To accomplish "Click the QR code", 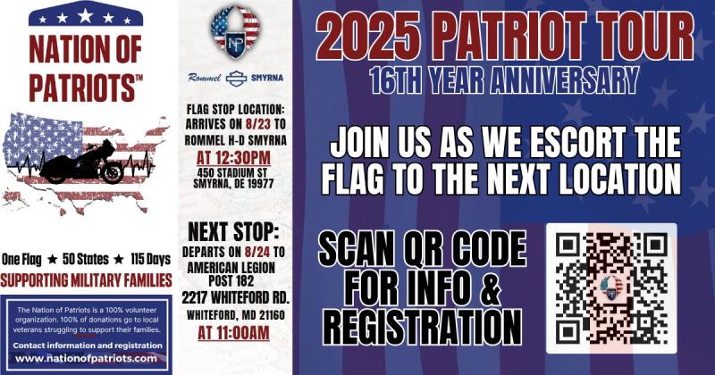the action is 611,288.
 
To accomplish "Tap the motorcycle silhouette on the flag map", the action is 82,162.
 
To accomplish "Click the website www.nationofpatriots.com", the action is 86,359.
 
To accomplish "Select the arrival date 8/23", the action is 258,124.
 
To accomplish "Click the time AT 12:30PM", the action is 233,158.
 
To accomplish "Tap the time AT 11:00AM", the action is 233,333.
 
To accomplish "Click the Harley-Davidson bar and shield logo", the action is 236,79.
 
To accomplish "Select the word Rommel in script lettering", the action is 205,78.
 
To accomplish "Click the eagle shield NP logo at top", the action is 235,32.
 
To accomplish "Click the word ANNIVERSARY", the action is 565,80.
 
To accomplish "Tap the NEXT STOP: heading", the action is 233,231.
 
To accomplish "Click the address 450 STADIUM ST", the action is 232,173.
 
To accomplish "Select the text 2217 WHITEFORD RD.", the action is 236,298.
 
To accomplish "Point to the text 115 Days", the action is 150,259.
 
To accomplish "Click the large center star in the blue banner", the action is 85,16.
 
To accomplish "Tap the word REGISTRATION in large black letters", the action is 423,327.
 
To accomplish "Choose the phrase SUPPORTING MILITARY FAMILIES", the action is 86,280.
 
